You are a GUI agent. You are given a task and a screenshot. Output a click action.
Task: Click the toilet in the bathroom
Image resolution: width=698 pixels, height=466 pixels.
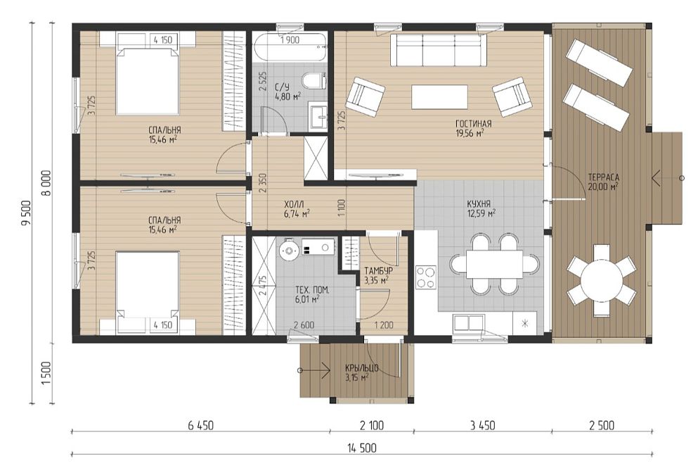click(x=314, y=81)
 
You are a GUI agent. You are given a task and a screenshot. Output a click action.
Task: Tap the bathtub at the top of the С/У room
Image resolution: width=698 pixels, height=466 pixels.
click(x=290, y=46)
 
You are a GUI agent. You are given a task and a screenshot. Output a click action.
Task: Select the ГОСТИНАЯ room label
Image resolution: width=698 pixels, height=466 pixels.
click(x=473, y=124)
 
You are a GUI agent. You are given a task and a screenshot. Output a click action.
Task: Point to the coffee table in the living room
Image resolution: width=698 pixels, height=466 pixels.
click(x=439, y=96)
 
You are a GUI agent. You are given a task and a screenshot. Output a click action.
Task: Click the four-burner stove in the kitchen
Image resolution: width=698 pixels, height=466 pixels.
click(x=426, y=277)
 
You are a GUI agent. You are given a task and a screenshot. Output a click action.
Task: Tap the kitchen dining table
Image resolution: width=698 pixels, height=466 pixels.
click(x=494, y=264)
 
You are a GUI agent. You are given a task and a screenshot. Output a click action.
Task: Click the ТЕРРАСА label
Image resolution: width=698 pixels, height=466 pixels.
click(x=603, y=177)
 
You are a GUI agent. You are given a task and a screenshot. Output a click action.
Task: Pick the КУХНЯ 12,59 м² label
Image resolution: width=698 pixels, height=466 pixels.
click(x=480, y=208)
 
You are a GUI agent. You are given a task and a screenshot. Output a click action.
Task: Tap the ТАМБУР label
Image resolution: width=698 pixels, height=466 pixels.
click(x=378, y=271)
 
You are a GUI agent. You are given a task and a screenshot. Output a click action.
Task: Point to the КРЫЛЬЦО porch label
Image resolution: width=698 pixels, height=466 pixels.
click(x=361, y=368)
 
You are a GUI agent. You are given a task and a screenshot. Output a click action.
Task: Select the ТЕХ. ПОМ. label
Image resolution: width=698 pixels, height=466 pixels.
click(x=311, y=290)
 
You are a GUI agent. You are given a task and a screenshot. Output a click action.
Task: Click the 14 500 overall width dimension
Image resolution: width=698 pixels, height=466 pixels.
click(x=361, y=447)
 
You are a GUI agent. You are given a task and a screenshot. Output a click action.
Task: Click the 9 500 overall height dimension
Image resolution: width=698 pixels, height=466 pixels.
click(x=26, y=213)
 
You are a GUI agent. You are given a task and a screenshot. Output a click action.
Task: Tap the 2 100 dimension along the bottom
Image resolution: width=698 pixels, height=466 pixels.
click(x=371, y=425)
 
